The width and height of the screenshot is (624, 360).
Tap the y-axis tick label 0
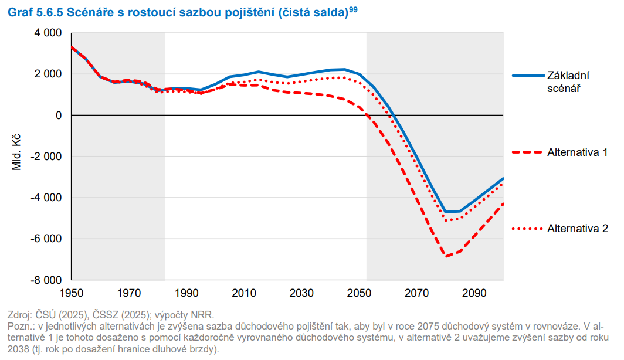[x=59, y=116]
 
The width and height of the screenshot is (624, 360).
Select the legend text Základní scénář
[x=568, y=82]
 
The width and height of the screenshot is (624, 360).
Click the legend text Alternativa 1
[x=577, y=152]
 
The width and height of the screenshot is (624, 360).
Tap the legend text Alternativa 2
[x=577, y=229]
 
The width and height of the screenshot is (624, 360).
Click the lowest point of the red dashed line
[x=447, y=256]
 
